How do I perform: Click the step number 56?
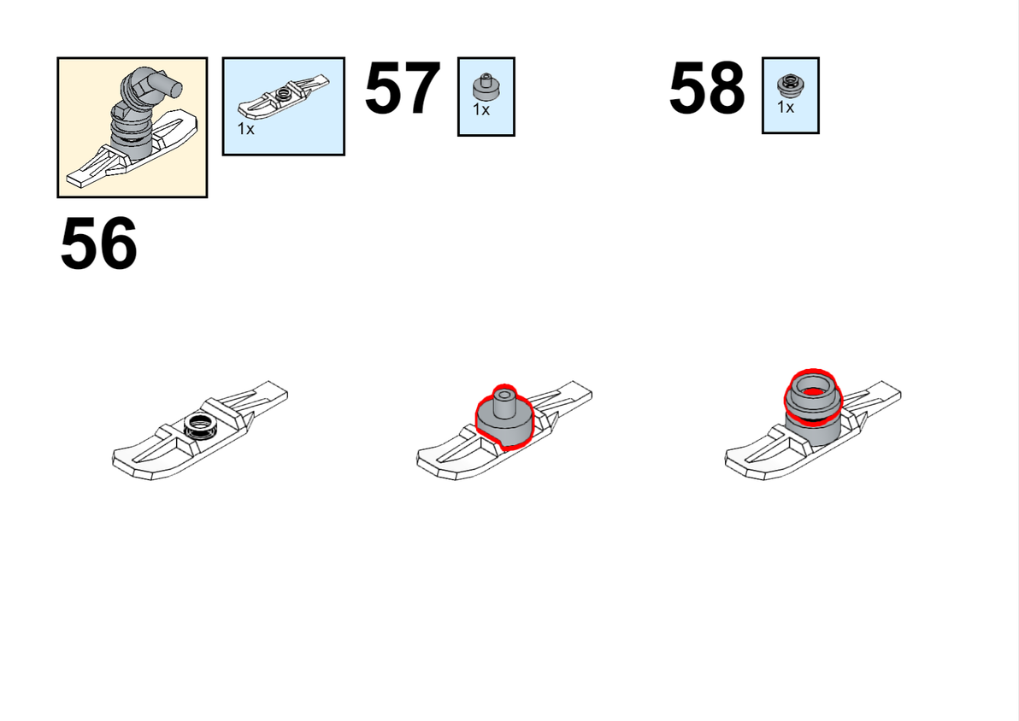tap(99, 243)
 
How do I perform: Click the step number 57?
tap(403, 88)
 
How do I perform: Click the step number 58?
tap(707, 88)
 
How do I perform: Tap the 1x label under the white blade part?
tap(245, 129)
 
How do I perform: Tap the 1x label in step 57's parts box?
tap(481, 110)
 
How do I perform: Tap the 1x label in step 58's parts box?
tap(785, 107)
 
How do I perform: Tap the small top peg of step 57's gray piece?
tap(504, 402)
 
